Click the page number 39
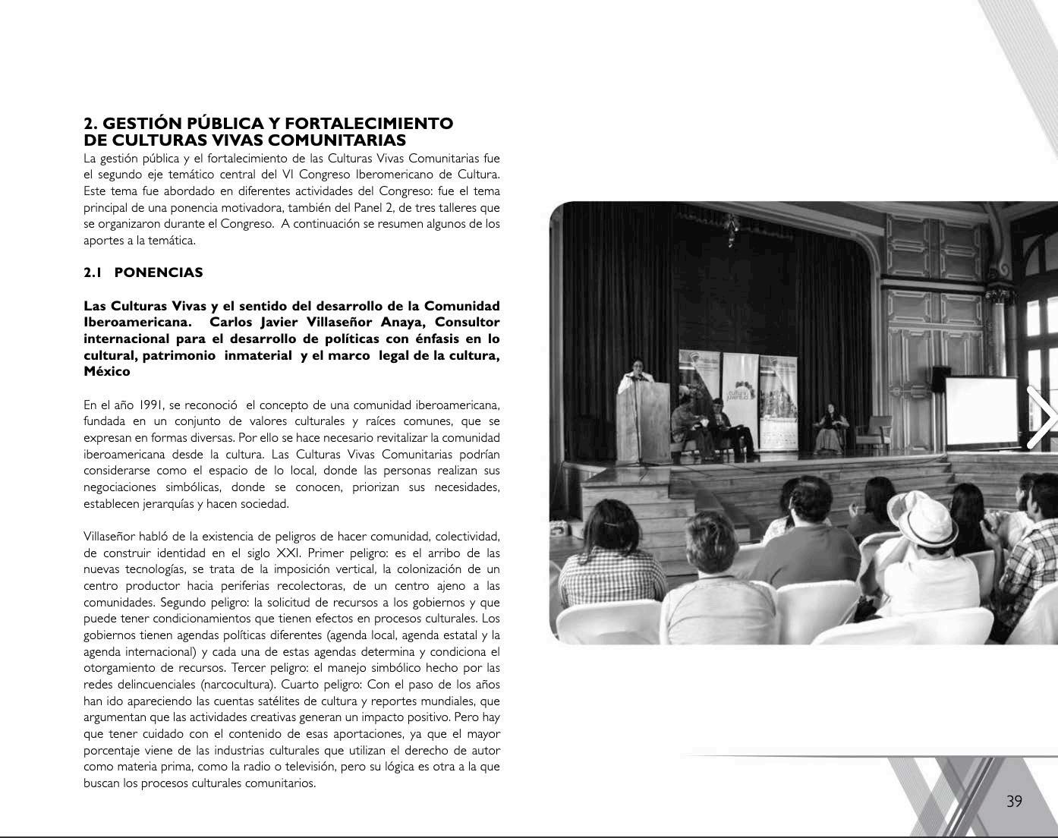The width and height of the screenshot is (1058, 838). pyautogui.click(x=1014, y=802)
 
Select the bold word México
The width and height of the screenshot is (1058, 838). pyautogui.click(x=107, y=372)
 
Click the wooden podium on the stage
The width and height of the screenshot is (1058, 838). pyautogui.click(x=644, y=421)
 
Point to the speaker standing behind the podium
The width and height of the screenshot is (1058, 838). pyautogui.click(x=636, y=371)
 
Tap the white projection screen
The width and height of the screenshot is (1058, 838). pyautogui.click(x=981, y=411)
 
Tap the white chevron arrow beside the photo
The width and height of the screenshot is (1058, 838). pyautogui.click(x=1042, y=417)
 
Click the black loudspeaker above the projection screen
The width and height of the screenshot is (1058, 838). pyautogui.click(x=940, y=376)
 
